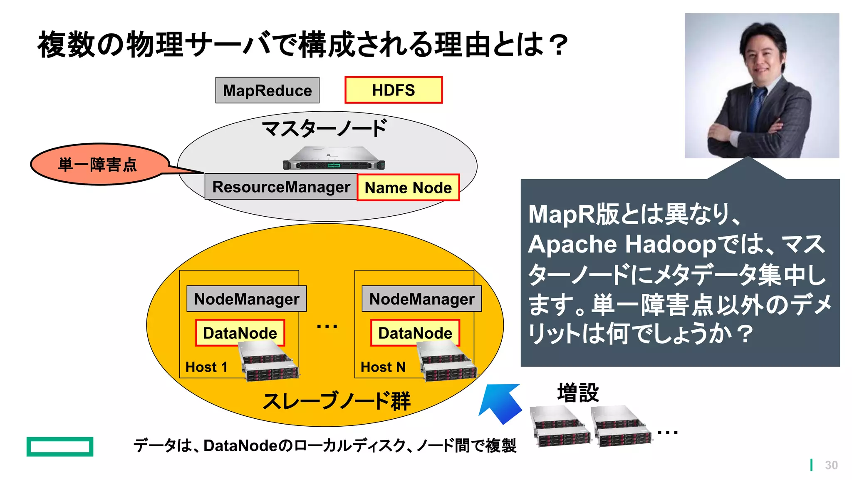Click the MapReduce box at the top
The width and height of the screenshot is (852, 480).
point(267,90)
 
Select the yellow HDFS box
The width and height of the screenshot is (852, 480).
point(393,90)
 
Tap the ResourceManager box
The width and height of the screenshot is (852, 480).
point(281,187)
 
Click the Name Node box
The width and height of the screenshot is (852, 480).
point(408,187)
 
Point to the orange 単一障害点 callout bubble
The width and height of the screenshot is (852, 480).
point(98,164)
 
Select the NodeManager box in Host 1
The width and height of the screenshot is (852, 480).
point(246,299)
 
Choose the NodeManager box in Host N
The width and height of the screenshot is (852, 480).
point(421,299)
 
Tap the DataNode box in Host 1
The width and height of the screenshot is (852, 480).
point(240,332)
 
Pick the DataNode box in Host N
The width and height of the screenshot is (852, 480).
point(415,332)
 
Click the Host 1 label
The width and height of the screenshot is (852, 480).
point(206,367)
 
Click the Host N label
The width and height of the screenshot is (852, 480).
point(383,367)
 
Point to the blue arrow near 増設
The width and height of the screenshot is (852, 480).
point(501,402)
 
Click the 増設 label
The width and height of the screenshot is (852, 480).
point(578,392)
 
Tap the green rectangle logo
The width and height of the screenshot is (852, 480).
point(60,446)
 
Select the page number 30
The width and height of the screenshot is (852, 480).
point(831,465)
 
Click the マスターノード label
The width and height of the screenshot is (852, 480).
point(324,128)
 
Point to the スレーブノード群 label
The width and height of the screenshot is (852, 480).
point(336,401)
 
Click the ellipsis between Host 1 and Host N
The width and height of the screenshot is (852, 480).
point(327,326)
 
